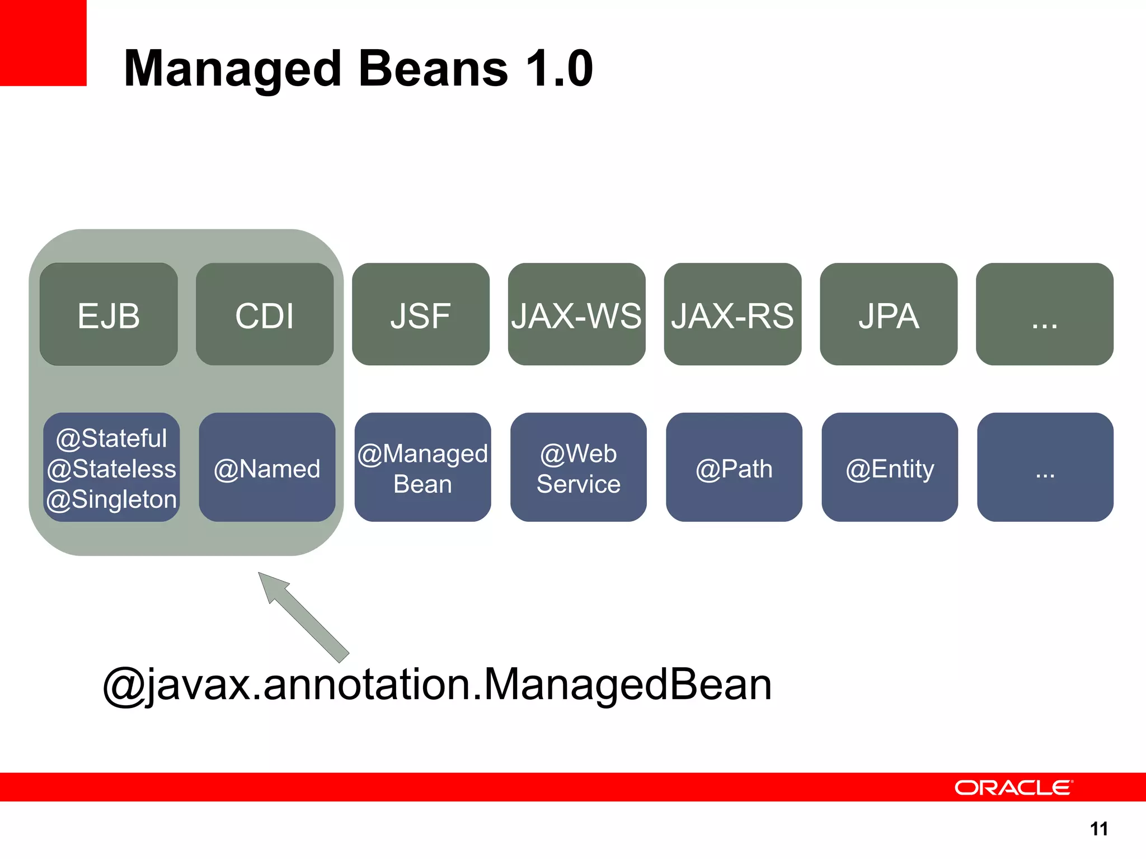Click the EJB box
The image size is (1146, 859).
[x=109, y=314]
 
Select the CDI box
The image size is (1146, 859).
[x=265, y=314]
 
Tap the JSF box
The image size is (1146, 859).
[x=421, y=314]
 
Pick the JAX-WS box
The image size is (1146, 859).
[x=576, y=314]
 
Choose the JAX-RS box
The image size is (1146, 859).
[x=732, y=314]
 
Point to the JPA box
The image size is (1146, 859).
[x=889, y=314]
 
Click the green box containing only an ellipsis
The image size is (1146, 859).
[x=1045, y=314]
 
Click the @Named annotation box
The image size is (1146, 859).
[x=267, y=468]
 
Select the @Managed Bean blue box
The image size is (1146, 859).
[x=422, y=468]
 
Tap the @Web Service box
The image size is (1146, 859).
[x=579, y=468]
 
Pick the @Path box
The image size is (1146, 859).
[x=734, y=468]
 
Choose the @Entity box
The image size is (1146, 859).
[x=890, y=468]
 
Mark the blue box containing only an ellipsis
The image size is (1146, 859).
[x=1045, y=468]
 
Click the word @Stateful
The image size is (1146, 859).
[x=111, y=438]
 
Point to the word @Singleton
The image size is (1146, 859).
[x=111, y=499]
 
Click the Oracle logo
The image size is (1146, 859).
[x=1013, y=787]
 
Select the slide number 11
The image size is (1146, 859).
[x=1099, y=829]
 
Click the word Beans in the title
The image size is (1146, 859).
[x=433, y=68]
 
